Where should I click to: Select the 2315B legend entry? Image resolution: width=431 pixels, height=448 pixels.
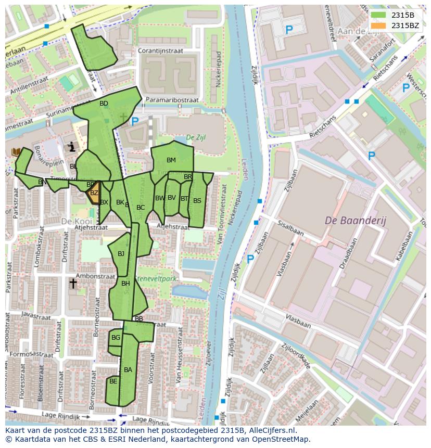[396, 15]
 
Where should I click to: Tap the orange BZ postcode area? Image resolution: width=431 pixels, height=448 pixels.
[94, 194]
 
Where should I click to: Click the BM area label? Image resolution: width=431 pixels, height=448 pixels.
[171, 160]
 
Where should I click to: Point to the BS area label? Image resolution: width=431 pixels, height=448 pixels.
[197, 200]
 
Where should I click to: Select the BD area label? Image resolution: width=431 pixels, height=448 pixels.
[104, 104]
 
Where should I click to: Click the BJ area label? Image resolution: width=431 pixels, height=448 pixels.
[121, 254]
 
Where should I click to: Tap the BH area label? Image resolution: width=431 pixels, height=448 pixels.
[125, 284]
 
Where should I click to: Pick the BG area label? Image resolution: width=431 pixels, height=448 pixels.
[116, 338]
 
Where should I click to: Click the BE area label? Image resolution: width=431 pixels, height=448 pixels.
[113, 381]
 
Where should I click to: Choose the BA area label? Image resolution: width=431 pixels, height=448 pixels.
[128, 370]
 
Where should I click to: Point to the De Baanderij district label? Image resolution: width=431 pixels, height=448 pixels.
[356, 221]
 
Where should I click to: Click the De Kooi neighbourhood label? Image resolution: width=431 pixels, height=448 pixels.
[72, 221]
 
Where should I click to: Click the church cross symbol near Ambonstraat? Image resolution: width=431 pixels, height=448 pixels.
[73, 284]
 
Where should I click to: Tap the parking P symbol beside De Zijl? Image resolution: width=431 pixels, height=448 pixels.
[135, 122]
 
